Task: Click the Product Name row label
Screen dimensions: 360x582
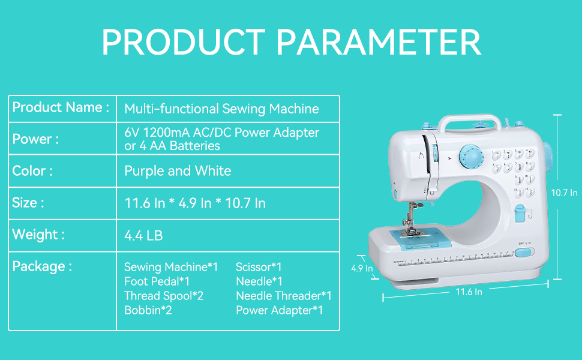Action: click(x=61, y=107)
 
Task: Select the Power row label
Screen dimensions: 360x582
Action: click(x=35, y=139)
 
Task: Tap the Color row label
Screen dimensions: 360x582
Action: click(x=32, y=170)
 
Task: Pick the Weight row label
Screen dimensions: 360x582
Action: click(x=38, y=235)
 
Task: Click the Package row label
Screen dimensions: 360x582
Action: click(x=42, y=266)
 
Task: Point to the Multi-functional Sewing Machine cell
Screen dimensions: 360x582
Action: click(x=221, y=109)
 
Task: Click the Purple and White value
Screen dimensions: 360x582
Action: click(x=178, y=171)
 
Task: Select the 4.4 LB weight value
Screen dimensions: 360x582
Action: click(x=143, y=236)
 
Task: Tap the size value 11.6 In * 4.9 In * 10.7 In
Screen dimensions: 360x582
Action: click(x=195, y=203)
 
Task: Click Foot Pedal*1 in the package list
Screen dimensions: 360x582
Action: click(x=157, y=281)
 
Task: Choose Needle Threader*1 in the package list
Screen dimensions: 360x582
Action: click(x=283, y=296)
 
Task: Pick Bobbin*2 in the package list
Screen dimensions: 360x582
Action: click(x=148, y=310)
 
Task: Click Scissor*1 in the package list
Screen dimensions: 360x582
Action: click(x=259, y=267)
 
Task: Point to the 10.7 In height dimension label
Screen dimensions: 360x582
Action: click(x=565, y=193)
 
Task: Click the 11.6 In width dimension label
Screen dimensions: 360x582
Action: click(x=469, y=292)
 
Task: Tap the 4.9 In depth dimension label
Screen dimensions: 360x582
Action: click(x=362, y=268)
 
